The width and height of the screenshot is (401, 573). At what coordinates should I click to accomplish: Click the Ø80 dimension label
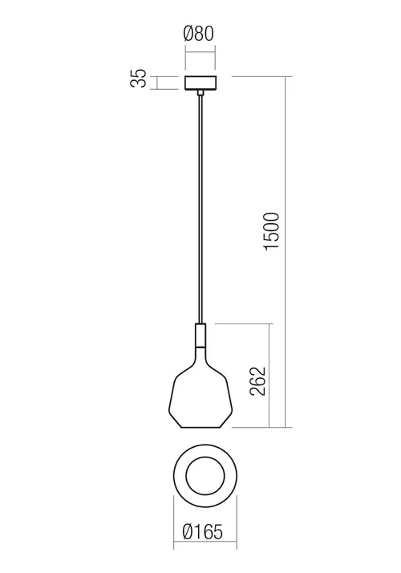click(x=199, y=34)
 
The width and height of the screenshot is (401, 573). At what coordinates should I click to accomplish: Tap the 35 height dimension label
click(x=139, y=78)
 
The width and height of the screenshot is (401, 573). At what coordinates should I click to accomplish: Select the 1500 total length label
click(x=272, y=231)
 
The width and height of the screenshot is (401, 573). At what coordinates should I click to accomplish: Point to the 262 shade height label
click(x=257, y=381)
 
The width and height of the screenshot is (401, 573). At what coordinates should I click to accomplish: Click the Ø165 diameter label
click(x=202, y=532)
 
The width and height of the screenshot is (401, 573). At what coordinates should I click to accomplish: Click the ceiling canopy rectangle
click(x=200, y=83)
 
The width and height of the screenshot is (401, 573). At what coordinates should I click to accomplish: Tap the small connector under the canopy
click(x=200, y=92)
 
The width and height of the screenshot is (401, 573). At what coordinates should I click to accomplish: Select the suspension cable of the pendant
click(x=200, y=209)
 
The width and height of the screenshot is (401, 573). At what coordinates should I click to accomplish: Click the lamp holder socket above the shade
click(x=200, y=335)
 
